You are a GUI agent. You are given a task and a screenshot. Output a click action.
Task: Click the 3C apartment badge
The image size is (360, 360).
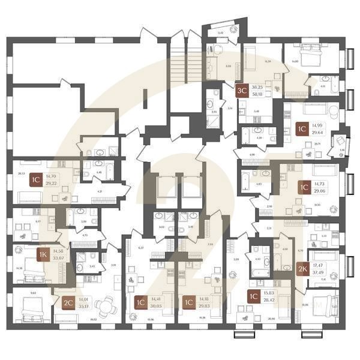[242, 91]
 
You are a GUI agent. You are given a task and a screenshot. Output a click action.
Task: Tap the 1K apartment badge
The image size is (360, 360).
[43, 254]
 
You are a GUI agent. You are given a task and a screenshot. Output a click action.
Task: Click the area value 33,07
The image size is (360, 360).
[58, 259]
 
